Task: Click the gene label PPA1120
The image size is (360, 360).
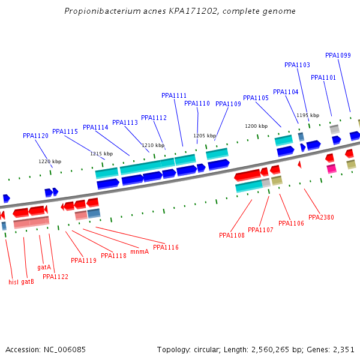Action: [35, 136]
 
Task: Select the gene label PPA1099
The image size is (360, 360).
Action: [338, 55]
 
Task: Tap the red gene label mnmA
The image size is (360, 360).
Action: [139, 251]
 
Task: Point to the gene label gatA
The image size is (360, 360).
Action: [44, 267]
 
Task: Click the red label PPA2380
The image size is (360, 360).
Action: [321, 217]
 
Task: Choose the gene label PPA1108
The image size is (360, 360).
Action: [232, 235]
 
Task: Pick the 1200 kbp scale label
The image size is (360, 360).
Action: [256, 126]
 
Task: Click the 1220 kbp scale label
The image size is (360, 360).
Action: [50, 161]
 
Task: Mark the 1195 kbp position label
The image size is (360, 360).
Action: [307, 115]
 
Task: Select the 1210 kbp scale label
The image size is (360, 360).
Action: [153, 145]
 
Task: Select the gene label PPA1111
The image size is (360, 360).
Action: [174, 95]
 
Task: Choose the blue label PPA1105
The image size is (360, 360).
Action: [256, 98]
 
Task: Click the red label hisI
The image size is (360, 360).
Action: [13, 282]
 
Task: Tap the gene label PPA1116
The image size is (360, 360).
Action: [166, 247]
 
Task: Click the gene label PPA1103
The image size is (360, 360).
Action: [297, 65]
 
